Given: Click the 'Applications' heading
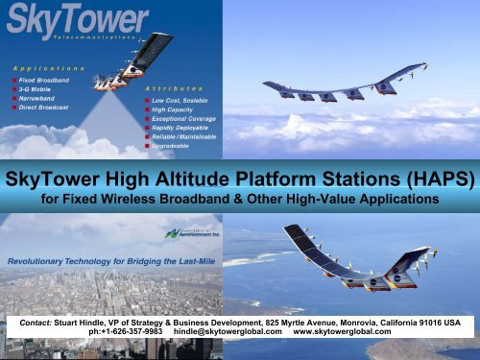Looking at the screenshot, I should click(48, 69).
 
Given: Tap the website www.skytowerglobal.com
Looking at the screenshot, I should click(341, 333).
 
